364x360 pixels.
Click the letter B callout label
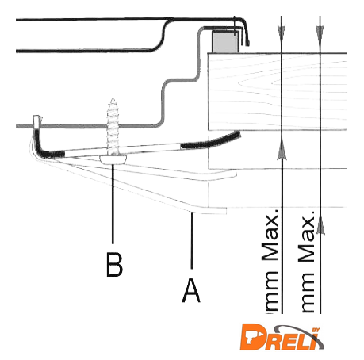pyautogui.click(x=114, y=265)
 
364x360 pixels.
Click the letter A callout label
pyautogui.click(x=191, y=290)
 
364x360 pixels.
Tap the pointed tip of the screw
pyautogui.click(x=113, y=99)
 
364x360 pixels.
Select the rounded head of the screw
pyautogui.click(x=113, y=159)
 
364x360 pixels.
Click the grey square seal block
pyautogui.click(x=226, y=41)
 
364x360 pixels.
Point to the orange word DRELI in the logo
pyautogui.click(x=280, y=338)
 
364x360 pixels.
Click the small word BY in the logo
pyautogui.click(x=316, y=330)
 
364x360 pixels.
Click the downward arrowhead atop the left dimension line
pyautogui.click(x=282, y=33)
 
